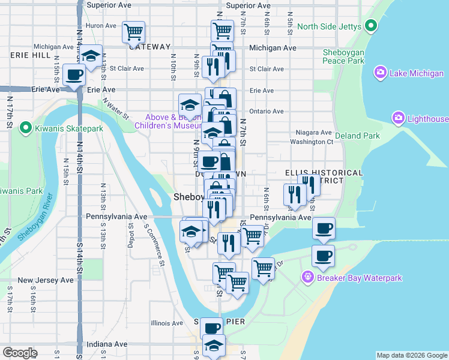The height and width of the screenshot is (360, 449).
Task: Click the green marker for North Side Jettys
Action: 370,26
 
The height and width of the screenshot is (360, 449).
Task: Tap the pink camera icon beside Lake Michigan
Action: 381,73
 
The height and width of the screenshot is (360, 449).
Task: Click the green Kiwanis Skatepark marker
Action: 25,127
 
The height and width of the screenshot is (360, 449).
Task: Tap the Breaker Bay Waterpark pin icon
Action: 308,278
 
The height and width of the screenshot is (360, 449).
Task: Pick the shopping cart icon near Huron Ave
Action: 133,31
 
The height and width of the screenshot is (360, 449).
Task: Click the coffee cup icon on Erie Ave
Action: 74,76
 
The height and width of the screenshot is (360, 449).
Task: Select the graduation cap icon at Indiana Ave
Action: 214,346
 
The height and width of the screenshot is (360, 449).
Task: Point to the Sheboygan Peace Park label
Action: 343,56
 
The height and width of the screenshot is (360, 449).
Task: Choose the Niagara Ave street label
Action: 314,133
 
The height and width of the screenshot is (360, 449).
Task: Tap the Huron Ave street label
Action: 101,26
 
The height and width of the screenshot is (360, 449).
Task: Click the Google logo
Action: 20,353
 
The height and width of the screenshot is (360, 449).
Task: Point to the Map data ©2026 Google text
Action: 411,355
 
